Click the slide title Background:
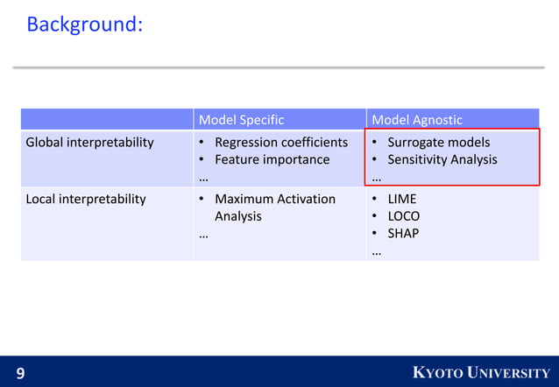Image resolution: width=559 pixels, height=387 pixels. [x=84, y=25]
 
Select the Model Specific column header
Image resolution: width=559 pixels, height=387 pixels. [x=241, y=119]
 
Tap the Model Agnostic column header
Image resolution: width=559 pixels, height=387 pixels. [x=417, y=119]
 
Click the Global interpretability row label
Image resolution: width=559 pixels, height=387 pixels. [x=89, y=142]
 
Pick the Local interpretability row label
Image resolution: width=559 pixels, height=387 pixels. [x=86, y=199]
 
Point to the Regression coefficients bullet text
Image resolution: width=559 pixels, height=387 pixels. [x=281, y=142]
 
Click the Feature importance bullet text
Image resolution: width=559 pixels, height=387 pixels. [x=272, y=159]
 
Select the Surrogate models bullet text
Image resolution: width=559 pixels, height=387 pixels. [x=438, y=142]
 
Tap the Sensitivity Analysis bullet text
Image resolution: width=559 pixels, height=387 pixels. [x=442, y=159]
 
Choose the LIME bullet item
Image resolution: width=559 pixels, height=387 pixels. [x=402, y=199]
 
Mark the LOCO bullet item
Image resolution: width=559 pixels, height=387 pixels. [x=404, y=216]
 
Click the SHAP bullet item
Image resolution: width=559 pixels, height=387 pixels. [x=403, y=234]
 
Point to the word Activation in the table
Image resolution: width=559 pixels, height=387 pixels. [x=307, y=199]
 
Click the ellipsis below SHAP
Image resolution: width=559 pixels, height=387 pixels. [x=377, y=252]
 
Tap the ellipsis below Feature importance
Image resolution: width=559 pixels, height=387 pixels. [x=203, y=177]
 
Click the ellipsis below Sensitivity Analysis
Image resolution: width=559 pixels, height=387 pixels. [x=377, y=177]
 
